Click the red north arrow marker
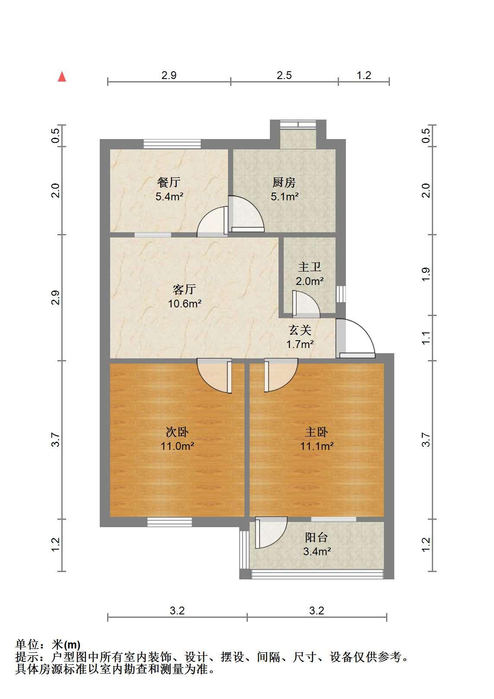(62, 77)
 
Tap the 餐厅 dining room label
(169, 183)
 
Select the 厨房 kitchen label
(284, 183)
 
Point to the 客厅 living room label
(184, 290)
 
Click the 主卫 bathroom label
(310, 267)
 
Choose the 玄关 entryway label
(300, 330)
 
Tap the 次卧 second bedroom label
(177, 432)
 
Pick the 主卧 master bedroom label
(317, 432)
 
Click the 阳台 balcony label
(317, 538)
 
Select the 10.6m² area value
(185, 304)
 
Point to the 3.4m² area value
(317, 551)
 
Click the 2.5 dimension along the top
(284, 76)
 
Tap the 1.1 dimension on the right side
(426, 338)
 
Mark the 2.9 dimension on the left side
(55, 297)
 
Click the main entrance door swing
(356, 338)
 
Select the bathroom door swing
(306, 304)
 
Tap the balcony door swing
(271, 533)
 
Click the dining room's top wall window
(172, 144)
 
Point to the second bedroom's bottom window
(169, 522)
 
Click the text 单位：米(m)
(48, 645)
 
